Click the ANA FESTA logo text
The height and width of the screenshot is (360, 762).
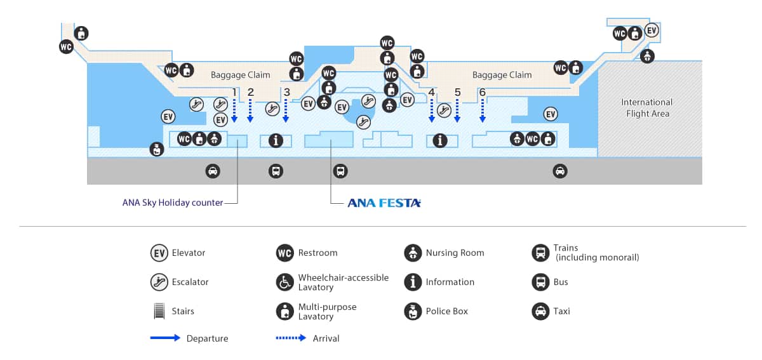click(384, 203)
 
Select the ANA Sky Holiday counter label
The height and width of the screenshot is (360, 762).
click(173, 203)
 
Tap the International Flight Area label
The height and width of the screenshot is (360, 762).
click(646, 108)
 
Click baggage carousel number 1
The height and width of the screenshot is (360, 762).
click(234, 92)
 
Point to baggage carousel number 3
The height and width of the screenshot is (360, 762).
click(287, 92)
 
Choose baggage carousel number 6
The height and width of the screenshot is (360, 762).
click(483, 92)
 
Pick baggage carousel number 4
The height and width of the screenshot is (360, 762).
click(432, 92)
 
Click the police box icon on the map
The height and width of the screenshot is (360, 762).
click(156, 149)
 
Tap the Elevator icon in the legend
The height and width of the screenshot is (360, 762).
click(159, 253)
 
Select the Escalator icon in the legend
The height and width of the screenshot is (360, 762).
click(159, 282)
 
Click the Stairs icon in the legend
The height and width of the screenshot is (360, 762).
click(159, 311)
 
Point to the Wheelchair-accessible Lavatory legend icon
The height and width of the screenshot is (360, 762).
click(285, 282)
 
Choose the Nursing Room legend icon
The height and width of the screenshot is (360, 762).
click(413, 253)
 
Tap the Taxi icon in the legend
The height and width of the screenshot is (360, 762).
click(540, 311)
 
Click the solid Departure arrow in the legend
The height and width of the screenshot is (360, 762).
click(165, 338)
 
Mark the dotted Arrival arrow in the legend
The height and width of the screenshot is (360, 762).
click(291, 338)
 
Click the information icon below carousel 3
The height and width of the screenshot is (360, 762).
click(276, 140)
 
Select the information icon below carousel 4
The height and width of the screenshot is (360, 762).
click(439, 140)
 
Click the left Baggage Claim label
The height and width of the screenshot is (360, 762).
click(240, 75)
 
